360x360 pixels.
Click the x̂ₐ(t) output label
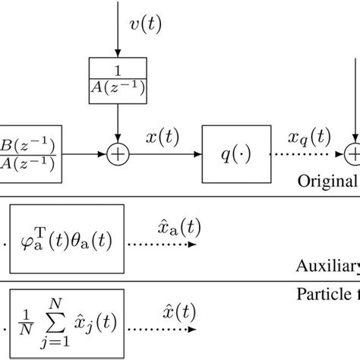point(163,228)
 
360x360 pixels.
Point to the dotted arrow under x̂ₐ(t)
point(163,245)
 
